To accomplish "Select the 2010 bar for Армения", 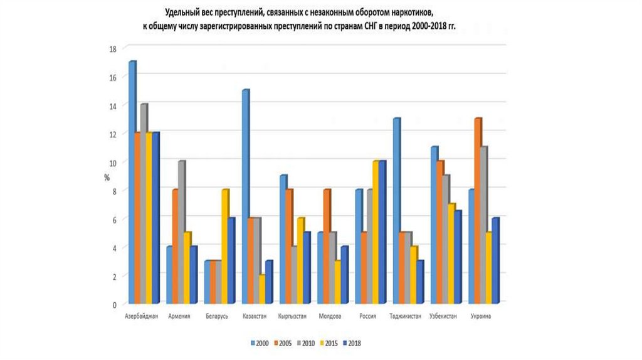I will tap(181, 233).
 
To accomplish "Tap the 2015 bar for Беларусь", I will tap(225, 247).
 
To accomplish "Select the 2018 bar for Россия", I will tap(382, 233).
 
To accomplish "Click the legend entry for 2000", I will tap(260, 343).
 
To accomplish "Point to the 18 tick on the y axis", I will tap(113, 48).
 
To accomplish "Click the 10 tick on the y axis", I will tap(113, 162).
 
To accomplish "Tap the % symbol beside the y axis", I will tap(107, 177).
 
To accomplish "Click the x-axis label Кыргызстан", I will tap(291, 317).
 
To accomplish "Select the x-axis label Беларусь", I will tap(217, 317).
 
